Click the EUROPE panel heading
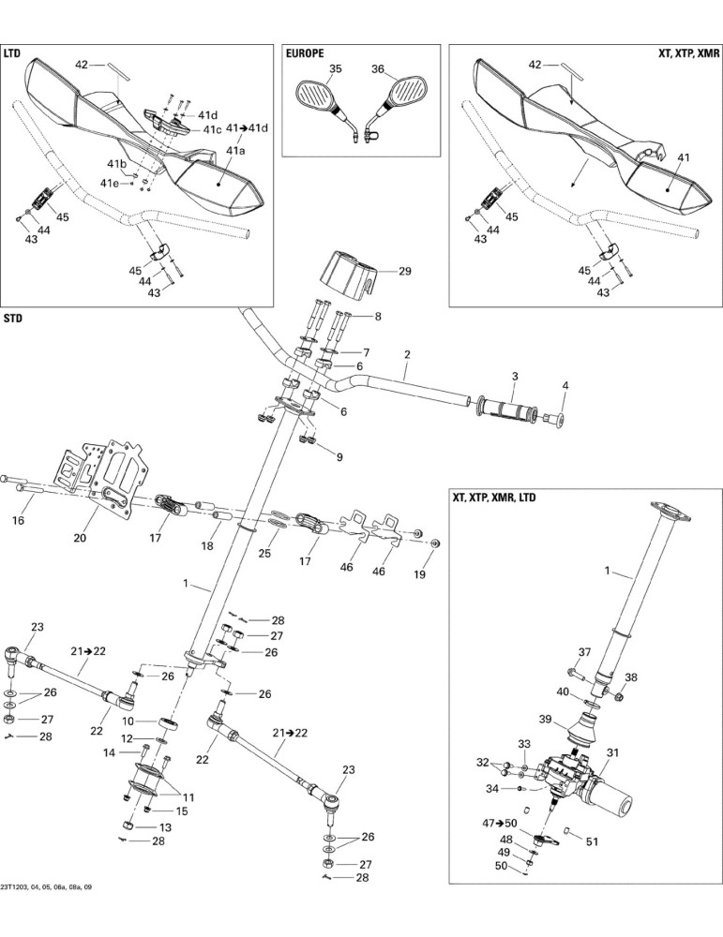(305, 53)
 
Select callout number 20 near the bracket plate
(80, 537)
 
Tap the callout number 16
(19, 520)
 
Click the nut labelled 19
(435, 543)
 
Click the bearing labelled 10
(169, 723)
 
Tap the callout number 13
(165, 827)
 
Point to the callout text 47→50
(499, 823)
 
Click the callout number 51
(592, 842)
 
